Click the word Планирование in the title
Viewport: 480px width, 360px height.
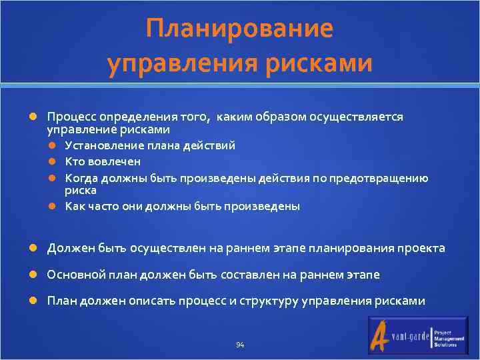pos(239,29)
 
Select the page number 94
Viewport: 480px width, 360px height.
pos(240,345)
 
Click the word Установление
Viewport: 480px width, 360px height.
pos(100,146)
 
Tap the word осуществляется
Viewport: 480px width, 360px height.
pos(364,117)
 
